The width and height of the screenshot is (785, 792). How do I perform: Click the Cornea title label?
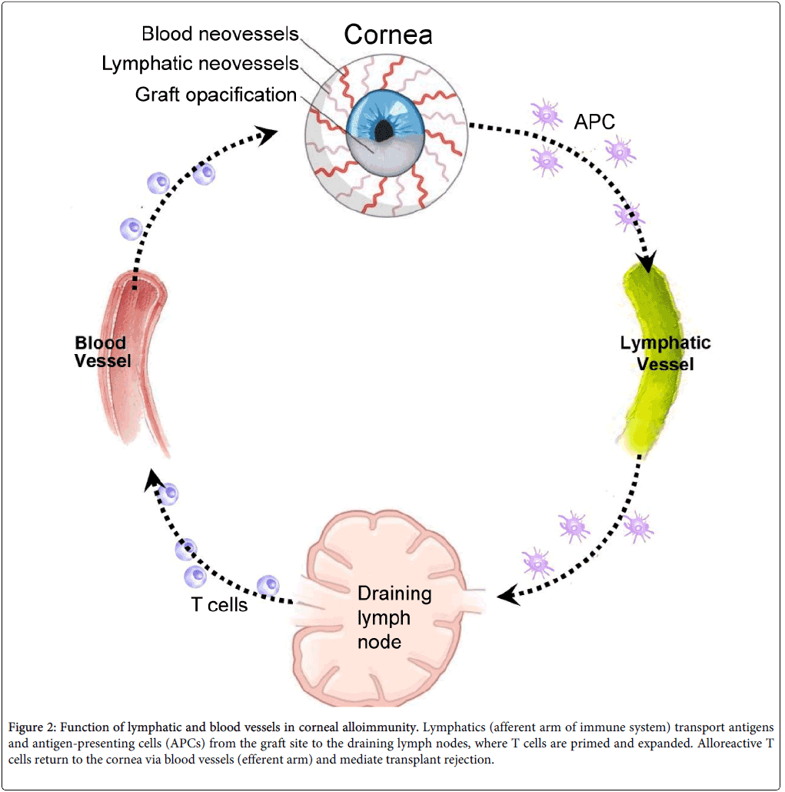coord(388,35)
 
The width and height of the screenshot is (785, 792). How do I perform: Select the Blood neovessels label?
coord(220,35)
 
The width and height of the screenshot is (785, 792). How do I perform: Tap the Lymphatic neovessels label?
coord(200,64)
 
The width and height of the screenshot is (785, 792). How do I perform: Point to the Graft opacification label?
coord(215,95)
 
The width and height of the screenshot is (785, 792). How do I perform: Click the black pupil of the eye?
coord(384,132)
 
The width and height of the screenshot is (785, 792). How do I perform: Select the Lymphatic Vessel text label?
coord(666,353)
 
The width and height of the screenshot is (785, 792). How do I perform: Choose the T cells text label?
coord(219,605)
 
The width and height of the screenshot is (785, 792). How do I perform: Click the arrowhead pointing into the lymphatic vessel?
coord(647,262)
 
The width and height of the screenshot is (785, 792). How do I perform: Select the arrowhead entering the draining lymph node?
coord(506,594)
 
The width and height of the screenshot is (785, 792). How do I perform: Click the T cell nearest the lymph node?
coord(268,586)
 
